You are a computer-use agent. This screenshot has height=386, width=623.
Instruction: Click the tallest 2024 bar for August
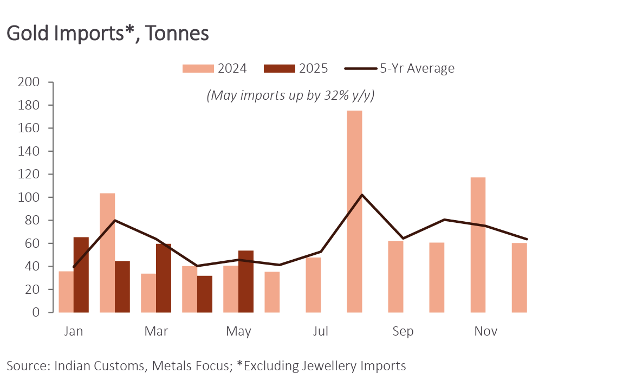354,211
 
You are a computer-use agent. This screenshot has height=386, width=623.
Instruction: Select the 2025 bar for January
81,275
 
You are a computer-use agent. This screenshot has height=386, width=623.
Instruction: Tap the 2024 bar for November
478,245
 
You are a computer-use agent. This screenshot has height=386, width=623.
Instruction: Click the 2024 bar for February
107,253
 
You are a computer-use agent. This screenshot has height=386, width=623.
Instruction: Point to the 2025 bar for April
205,294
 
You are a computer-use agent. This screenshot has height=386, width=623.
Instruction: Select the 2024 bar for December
519,278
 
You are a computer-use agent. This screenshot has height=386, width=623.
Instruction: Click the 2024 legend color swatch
198,68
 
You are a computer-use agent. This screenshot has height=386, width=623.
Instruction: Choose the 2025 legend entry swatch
280,68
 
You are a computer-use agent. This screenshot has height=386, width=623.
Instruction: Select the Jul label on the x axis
321,331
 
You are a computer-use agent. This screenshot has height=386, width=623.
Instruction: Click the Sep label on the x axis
403,331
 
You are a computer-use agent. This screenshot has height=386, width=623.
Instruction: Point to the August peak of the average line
362,195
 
